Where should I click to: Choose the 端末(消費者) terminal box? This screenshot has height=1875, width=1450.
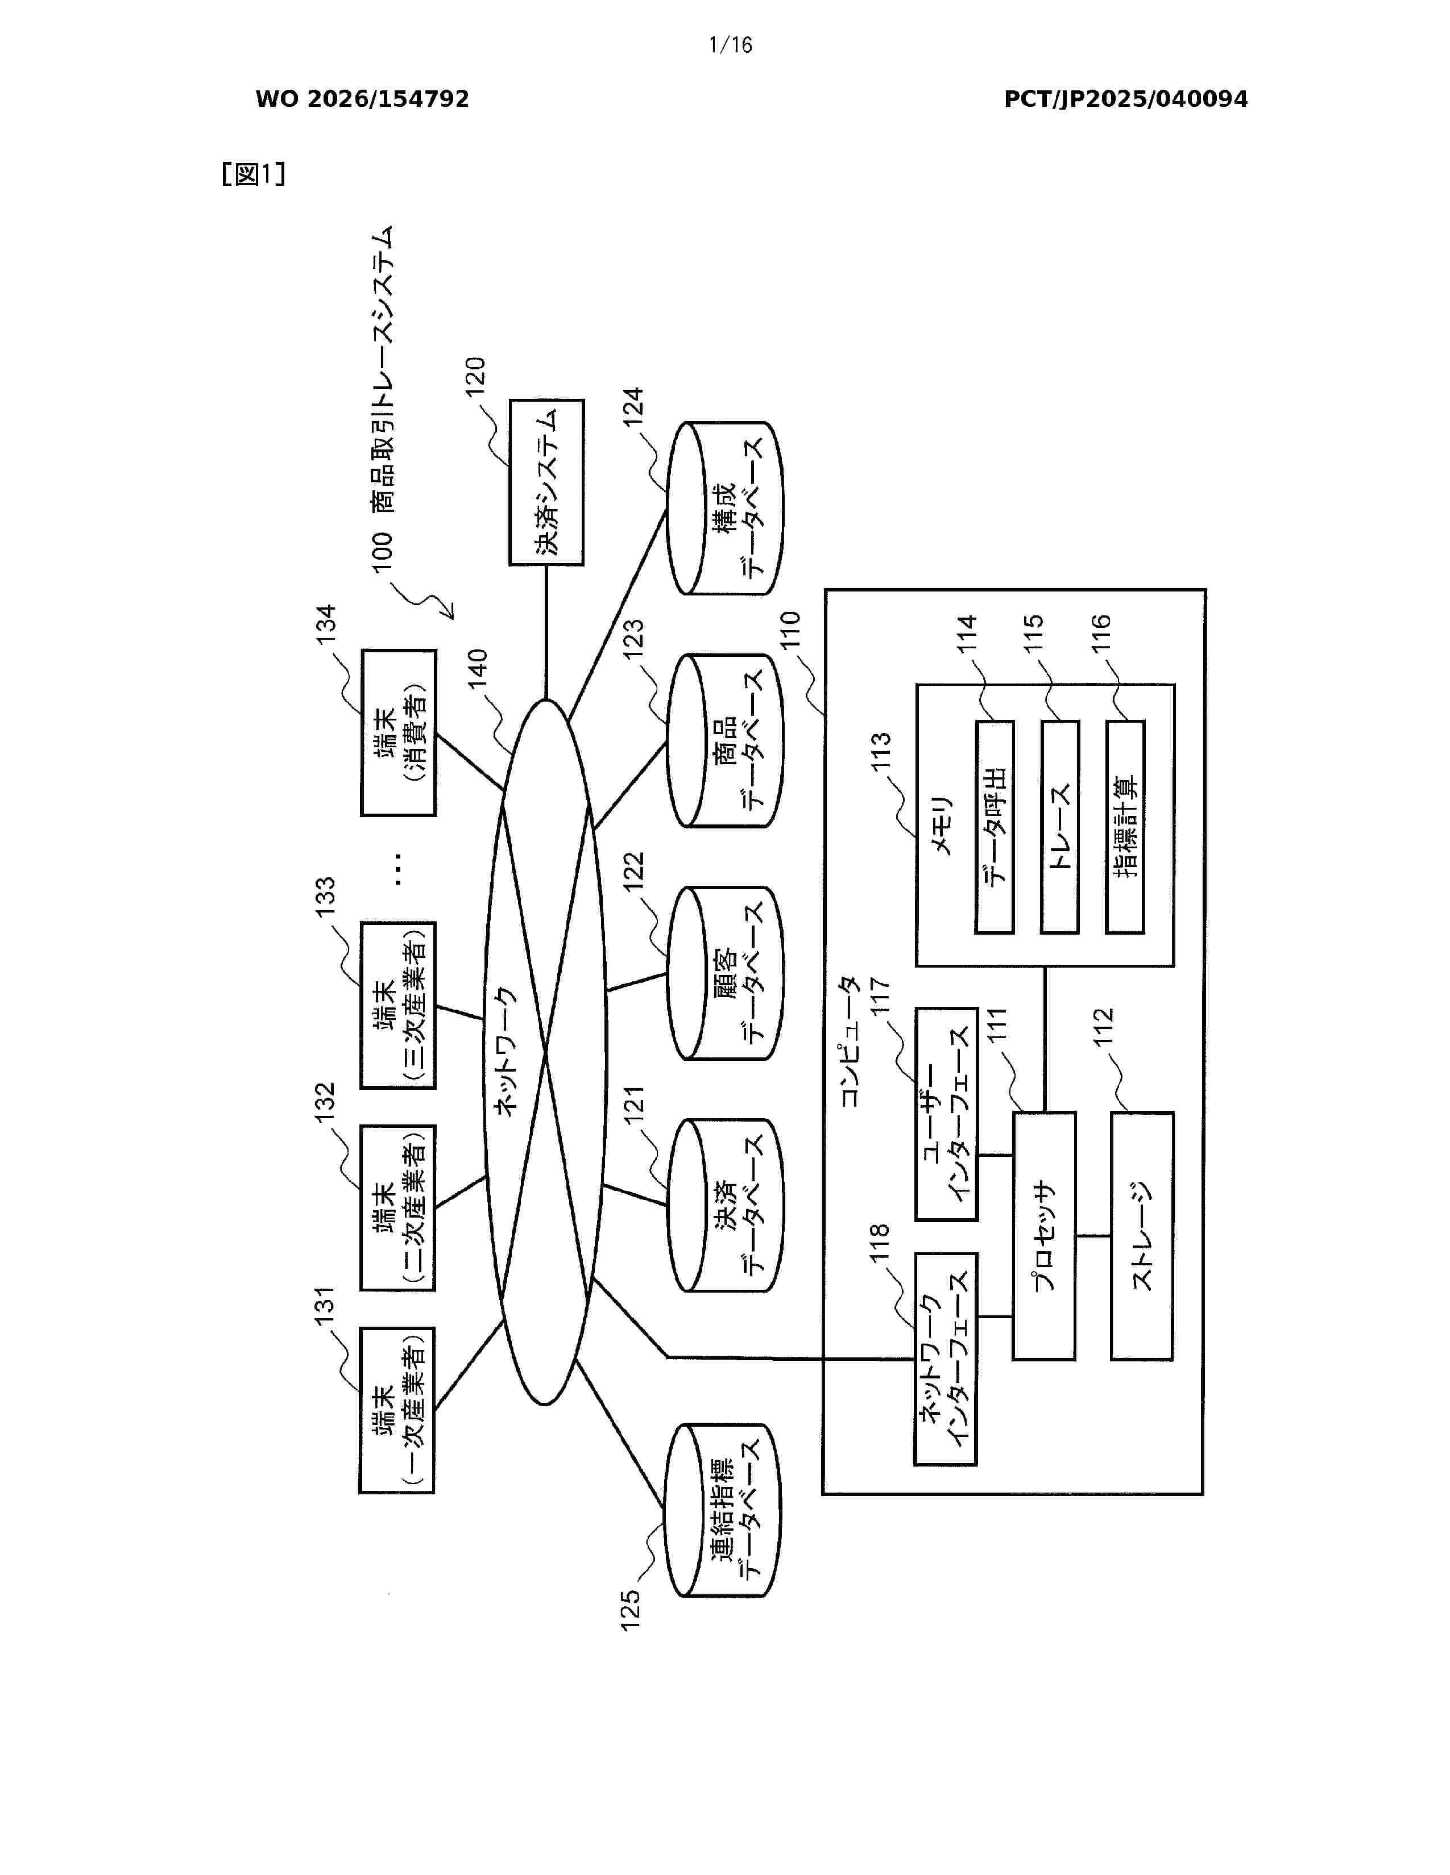(x=397, y=732)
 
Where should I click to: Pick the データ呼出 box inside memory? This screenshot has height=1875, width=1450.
(x=995, y=827)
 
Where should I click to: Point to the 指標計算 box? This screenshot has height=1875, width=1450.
(x=1125, y=827)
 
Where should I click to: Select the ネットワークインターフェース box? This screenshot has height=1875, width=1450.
(x=946, y=1360)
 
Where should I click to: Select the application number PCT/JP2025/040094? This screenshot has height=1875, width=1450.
(x=1126, y=99)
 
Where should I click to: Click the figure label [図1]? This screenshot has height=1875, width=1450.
(x=254, y=174)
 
